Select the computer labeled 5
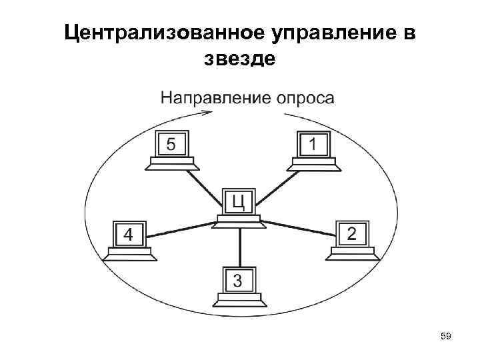pos(172,147)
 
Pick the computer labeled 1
pos(313,147)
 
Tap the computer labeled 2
pos(351,238)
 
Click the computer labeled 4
pos(129,238)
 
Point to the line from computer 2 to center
pos(299,229)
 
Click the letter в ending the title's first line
pos(407,33)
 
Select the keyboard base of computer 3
pos(238,297)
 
